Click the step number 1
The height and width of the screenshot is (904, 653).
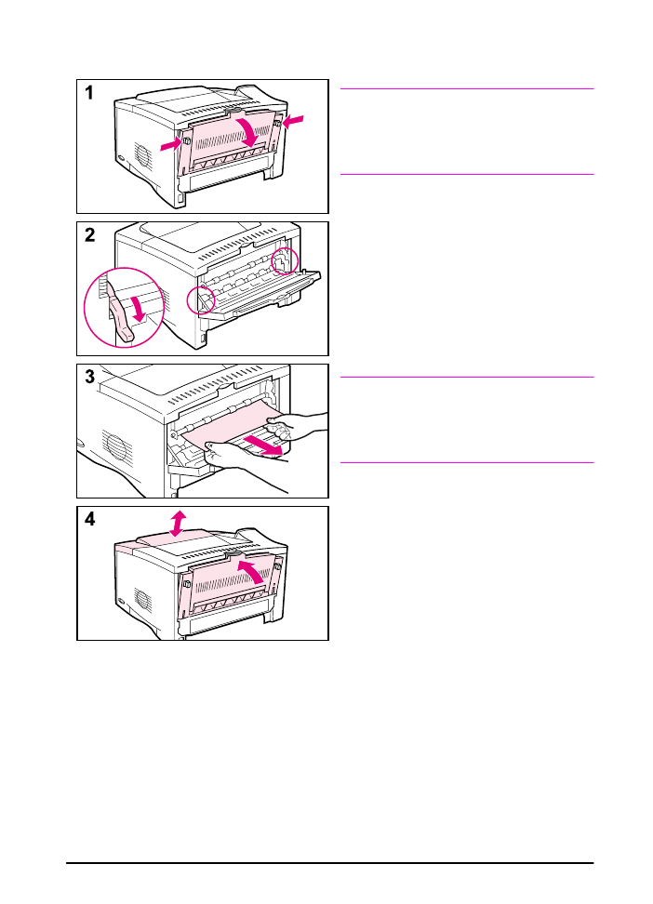(89, 93)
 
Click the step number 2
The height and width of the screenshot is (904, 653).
(90, 235)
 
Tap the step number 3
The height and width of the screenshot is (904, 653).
(90, 377)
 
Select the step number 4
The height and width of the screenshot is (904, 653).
(90, 520)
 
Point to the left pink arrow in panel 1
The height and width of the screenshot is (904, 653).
(171, 145)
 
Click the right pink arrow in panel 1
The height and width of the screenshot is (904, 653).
(292, 121)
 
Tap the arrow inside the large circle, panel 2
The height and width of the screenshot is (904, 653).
(138, 309)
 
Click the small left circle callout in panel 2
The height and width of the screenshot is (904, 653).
(201, 299)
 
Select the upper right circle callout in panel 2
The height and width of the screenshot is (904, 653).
(285, 260)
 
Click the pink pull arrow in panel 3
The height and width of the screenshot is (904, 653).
(263, 445)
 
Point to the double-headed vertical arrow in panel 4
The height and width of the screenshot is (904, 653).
(179, 523)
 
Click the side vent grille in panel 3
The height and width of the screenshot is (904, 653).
(117, 445)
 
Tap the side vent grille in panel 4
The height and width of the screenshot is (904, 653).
(143, 602)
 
